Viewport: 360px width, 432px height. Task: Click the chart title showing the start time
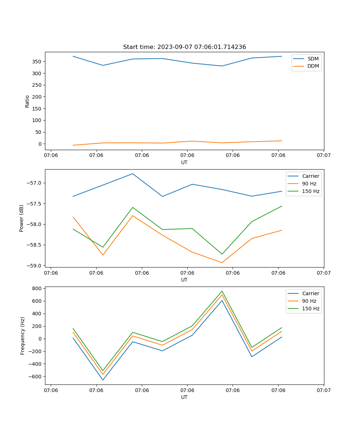(184, 47)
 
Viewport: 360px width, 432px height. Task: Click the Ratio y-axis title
(27, 101)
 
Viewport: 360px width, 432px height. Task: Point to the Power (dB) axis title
(22, 218)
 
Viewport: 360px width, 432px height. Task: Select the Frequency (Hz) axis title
(23, 336)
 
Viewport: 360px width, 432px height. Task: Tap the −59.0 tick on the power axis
(35, 266)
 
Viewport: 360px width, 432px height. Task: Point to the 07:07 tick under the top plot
(324, 155)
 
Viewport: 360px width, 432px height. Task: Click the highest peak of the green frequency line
(222, 291)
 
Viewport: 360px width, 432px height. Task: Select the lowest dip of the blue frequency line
(103, 380)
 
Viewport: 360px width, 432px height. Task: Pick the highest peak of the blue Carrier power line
(132, 174)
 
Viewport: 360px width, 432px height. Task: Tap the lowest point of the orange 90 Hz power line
(222, 262)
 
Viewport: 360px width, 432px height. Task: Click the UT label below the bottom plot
(184, 397)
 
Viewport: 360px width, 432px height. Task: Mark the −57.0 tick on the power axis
(35, 183)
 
